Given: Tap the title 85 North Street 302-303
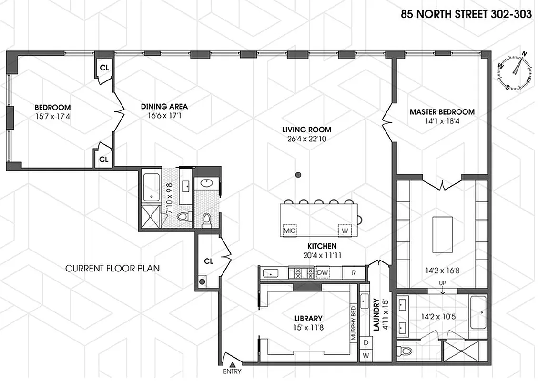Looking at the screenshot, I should (x=466, y=14).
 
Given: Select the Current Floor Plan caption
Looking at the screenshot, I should (x=112, y=269).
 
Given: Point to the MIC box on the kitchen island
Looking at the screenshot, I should (x=290, y=231).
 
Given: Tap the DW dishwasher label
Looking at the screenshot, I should (x=323, y=273).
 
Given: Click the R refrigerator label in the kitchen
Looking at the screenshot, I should (x=354, y=273).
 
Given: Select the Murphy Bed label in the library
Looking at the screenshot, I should (x=354, y=323).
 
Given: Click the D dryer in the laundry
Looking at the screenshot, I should (x=366, y=342).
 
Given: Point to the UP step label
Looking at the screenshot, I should (x=443, y=284).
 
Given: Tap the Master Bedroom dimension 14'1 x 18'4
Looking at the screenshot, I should (x=442, y=121).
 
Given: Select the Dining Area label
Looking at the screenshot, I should (x=164, y=106).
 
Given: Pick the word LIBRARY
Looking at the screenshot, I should (x=308, y=318).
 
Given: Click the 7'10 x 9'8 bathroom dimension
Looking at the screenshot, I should (x=168, y=194).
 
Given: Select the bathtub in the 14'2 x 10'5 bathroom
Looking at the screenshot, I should (x=478, y=312).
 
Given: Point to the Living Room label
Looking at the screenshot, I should (x=306, y=130).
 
